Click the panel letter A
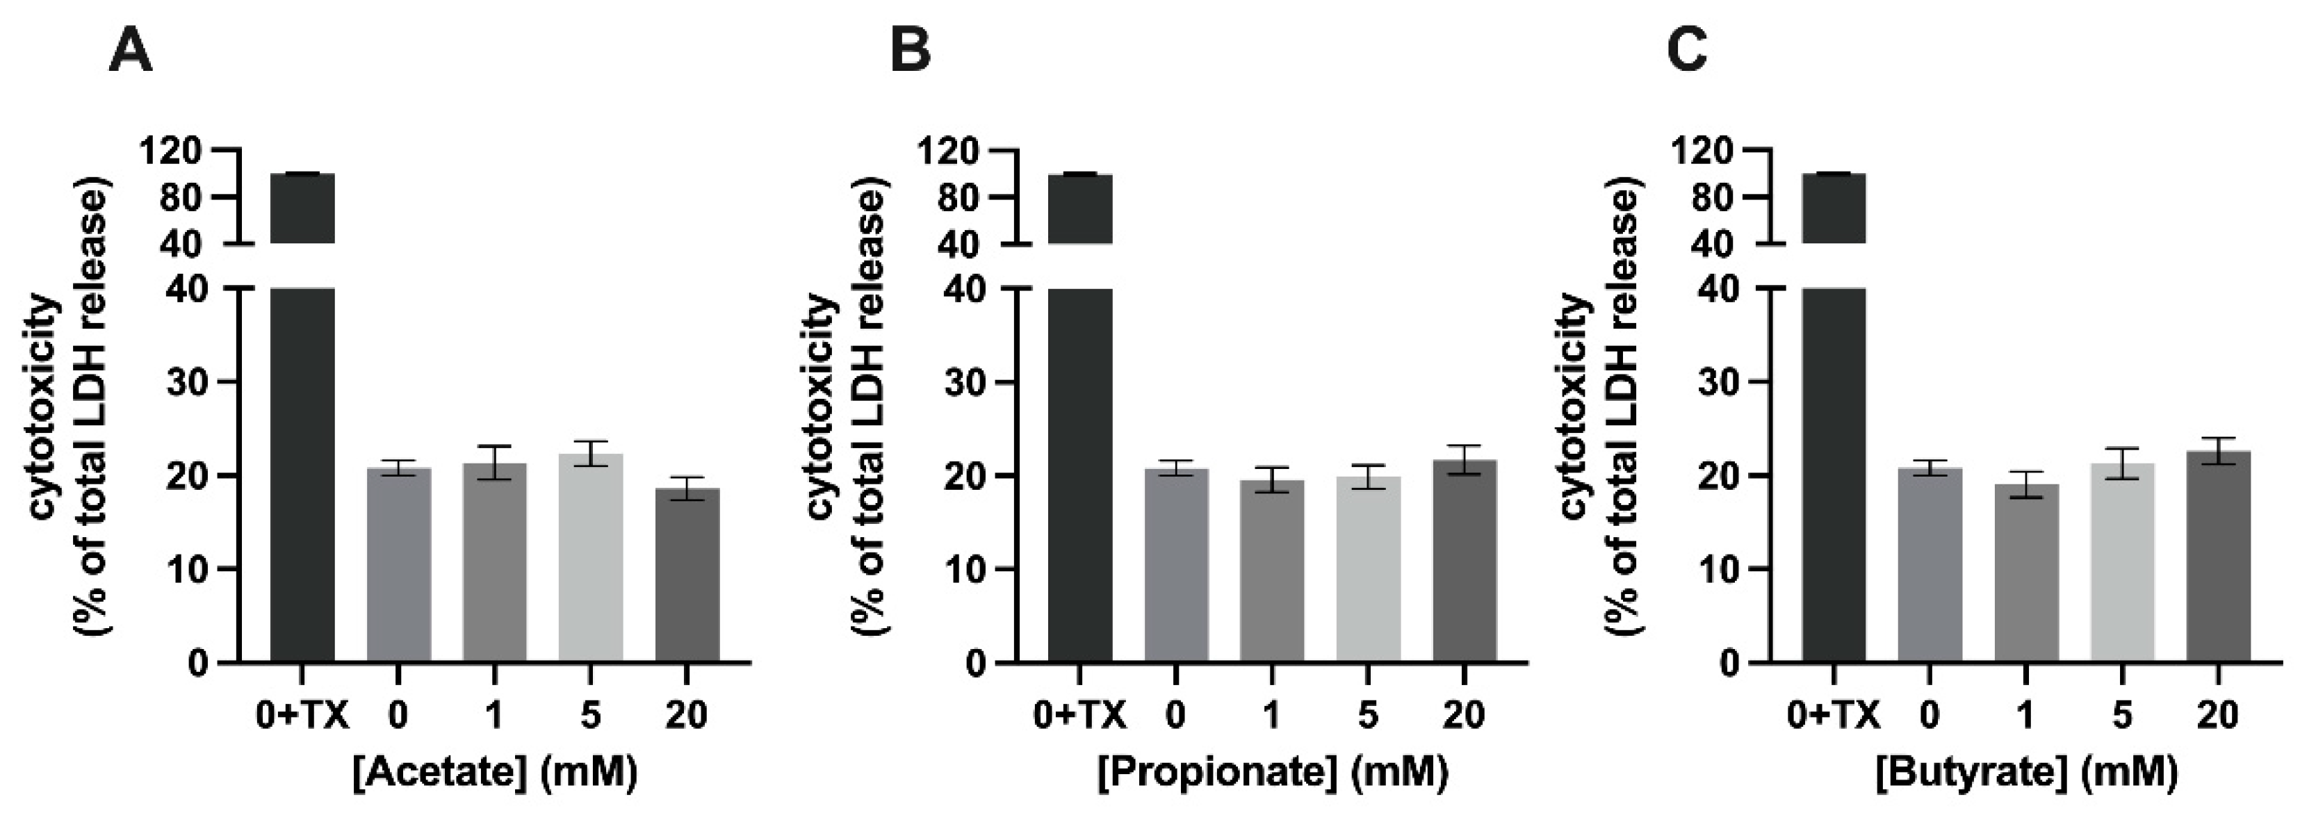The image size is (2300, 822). coord(131,51)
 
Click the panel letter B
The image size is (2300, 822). coord(911,51)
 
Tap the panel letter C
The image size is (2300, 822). coord(1688,51)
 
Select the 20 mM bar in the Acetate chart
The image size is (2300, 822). coord(687,575)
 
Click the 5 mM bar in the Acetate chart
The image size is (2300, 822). coord(590,558)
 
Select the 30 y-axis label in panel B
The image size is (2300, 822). coord(967,382)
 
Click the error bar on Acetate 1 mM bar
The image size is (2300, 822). coord(494,462)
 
